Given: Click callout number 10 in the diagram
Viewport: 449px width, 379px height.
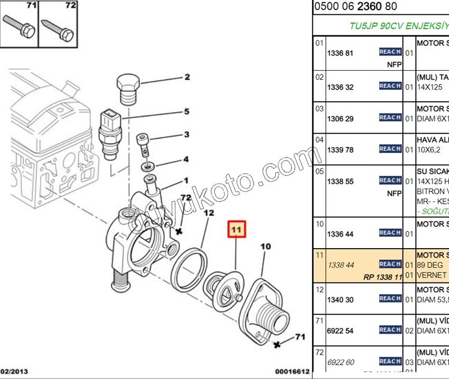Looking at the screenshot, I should tap(265, 246).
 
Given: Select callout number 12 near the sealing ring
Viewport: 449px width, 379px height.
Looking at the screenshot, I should tap(209, 213).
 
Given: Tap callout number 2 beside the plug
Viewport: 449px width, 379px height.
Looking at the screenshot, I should tap(187, 77).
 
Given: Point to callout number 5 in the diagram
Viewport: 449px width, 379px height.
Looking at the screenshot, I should tap(186, 111).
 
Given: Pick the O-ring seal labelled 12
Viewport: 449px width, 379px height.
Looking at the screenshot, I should tap(189, 270).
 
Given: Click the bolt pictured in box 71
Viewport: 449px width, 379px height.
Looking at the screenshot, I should tap(19, 26).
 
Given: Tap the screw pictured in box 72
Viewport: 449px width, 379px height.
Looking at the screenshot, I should tap(58, 27).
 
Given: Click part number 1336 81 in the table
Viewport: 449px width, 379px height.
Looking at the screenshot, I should tap(340, 53).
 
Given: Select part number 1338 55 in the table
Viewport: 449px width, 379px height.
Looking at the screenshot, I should tap(340, 182).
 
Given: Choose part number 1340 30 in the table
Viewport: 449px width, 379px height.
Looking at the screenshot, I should tap(340, 299).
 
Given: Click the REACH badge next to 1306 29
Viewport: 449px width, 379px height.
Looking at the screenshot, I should tap(390, 118).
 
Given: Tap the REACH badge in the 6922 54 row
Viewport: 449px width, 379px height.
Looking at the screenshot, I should tap(390, 330).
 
